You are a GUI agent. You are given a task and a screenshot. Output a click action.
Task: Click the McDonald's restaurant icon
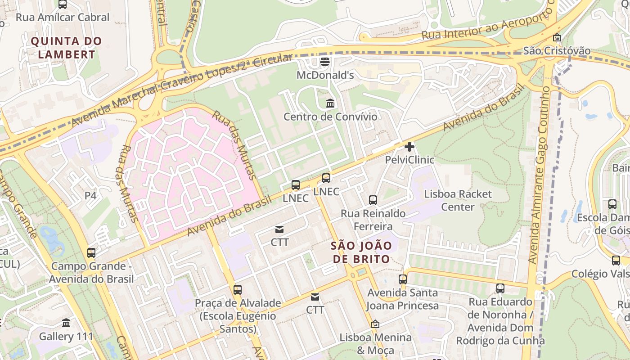click(x=324, y=61)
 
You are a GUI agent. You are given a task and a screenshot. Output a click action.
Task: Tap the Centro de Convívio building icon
click(x=330, y=103)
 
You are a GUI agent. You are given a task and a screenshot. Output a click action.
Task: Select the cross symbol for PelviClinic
click(x=409, y=146)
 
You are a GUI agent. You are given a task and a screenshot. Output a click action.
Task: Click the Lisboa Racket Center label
click(x=458, y=201)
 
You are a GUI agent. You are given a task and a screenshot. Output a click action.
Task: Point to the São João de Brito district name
click(x=360, y=252)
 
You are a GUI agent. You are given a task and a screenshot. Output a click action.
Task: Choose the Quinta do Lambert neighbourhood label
click(x=67, y=48)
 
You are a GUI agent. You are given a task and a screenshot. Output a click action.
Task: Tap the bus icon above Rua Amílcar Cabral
click(x=63, y=4)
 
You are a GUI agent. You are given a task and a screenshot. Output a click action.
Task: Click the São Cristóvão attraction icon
click(x=557, y=38)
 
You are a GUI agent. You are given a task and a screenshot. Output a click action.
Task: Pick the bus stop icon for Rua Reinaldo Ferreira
click(x=373, y=200)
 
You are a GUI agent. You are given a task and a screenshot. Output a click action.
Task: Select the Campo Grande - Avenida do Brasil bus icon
click(x=91, y=252)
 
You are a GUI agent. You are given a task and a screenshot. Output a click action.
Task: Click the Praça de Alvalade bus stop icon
click(x=237, y=289)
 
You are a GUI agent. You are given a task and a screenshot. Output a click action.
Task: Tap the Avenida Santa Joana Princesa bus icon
click(x=402, y=279)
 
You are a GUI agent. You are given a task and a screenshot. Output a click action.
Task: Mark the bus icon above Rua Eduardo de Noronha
click(x=500, y=288)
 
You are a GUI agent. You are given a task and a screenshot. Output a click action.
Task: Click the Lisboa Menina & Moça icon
click(x=375, y=324)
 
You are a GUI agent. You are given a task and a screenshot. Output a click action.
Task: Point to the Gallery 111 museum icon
click(x=66, y=323)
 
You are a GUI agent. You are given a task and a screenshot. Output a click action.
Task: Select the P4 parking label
click(x=90, y=196)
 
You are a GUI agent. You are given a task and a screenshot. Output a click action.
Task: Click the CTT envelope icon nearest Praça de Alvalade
click(x=315, y=297)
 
